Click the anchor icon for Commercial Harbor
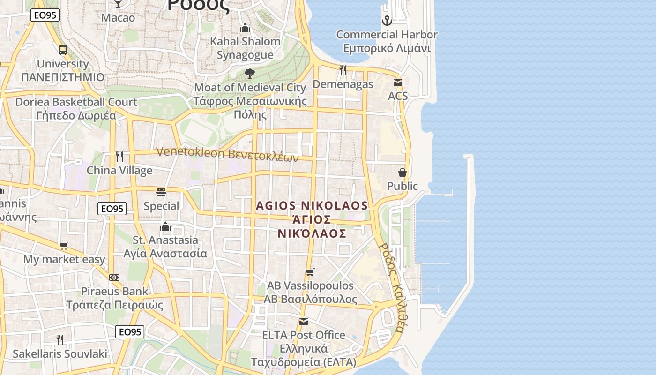pos(387,21)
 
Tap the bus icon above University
pos(63,50)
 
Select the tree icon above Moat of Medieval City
pos(250,74)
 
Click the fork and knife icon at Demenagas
pos(343,70)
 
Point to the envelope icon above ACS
pos(398,82)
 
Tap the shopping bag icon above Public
pos(402,172)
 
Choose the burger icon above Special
pos(161,192)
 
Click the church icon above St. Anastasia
pos(165,227)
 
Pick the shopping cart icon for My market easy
pos(64,246)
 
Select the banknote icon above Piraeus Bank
pos(114,277)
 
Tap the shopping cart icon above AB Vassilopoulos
pos(310,272)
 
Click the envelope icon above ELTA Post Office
pos(304,322)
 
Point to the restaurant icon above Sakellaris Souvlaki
pos(60,339)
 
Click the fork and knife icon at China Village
pos(119,157)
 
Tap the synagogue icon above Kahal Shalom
pos(245,28)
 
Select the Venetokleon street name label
pos(227,154)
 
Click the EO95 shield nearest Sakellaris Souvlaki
pos(129,332)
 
